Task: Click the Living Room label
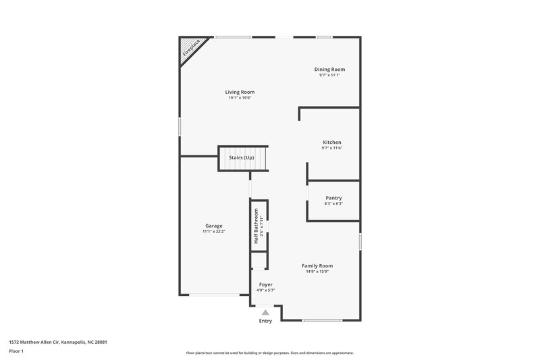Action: point(240,92)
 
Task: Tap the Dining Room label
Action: point(329,70)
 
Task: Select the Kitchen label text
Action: point(331,142)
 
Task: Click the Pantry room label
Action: point(333,198)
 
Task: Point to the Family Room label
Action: point(317,265)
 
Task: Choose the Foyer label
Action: point(266,284)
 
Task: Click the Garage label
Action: point(214,226)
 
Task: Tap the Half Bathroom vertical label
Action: point(256,226)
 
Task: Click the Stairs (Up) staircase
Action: point(241,158)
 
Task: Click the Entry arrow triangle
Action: point(266,312)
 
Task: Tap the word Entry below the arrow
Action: point(266,321)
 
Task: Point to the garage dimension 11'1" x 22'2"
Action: point(214,232)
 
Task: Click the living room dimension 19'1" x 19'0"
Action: point(240,98)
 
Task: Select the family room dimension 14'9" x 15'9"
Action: point(317,272)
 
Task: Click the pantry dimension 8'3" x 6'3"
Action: point(333,203)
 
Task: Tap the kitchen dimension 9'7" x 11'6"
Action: point(331,148)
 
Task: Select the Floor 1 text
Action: point(16,351)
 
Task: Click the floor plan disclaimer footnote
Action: point(269,353)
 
